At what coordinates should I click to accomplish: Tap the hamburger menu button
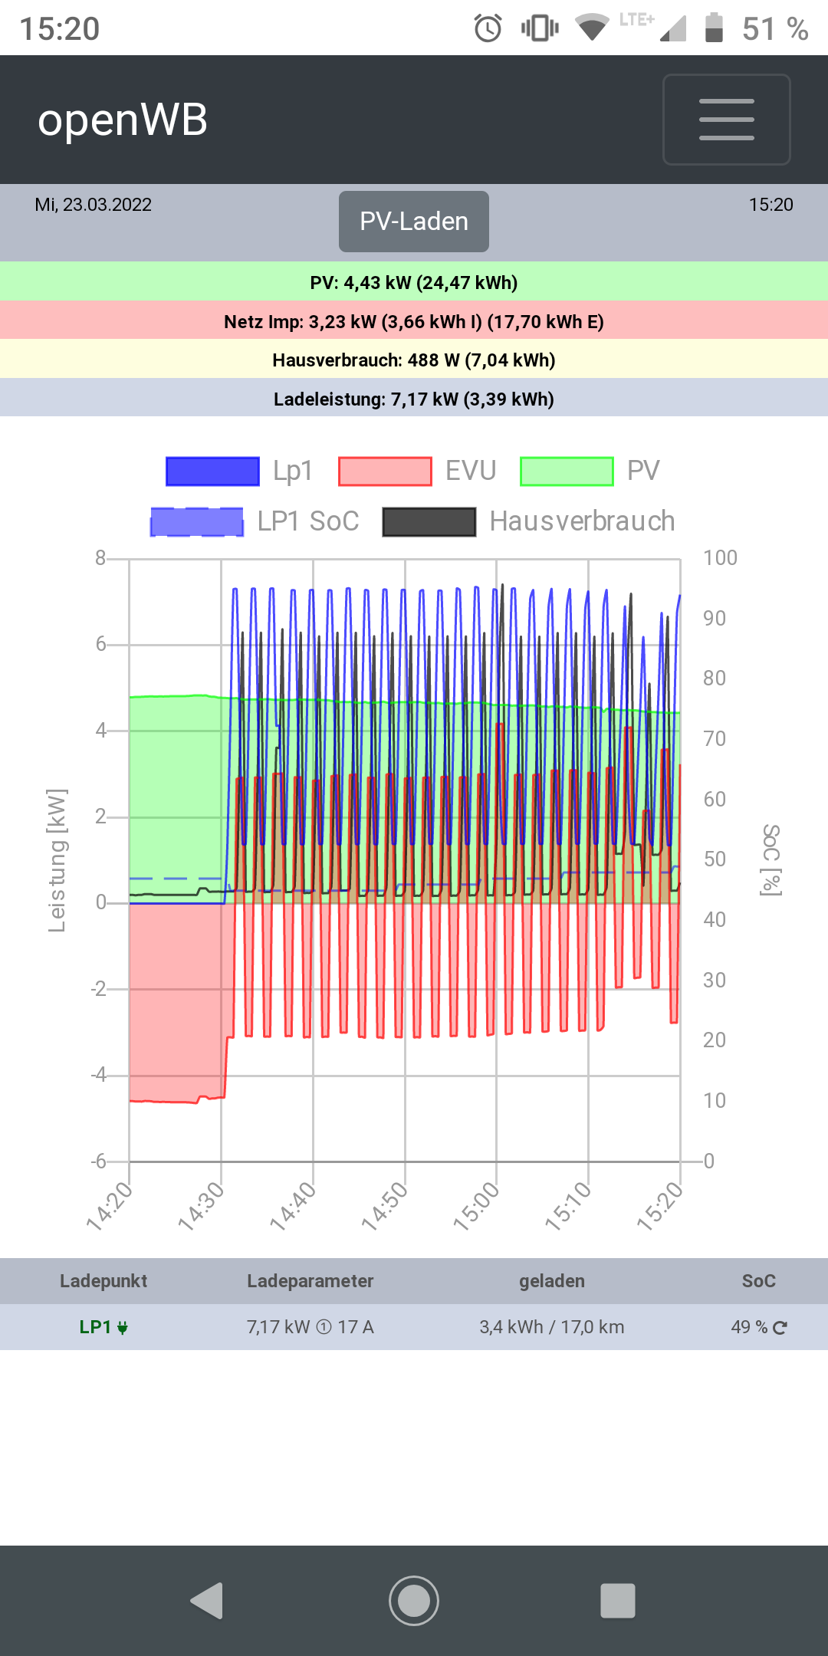pyautogui.click(x=726, y=120)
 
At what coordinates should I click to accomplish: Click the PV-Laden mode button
pyautogui.click(x=414, y=222)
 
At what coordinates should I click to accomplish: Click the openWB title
pyautogui.click(x=123, y=120)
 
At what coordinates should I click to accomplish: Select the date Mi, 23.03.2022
pyautogui.click(x=94, y=205)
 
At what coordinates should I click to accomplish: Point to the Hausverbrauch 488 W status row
pyautogui.click(x=414, y=360)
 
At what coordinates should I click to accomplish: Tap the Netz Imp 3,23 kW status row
pyautogui.click(x=414, y=321)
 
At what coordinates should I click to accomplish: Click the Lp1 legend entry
pyautogui.click(x=239, y=471)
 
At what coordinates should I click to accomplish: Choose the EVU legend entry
pyautogui.click(x=418, y=471)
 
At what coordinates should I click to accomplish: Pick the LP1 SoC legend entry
pyautogui.click(x=255, y=521)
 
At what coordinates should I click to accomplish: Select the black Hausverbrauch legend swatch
pyautogui.click(x=429, y=522)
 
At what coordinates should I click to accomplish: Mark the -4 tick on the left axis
pyautogui.click(x=99, y=1075)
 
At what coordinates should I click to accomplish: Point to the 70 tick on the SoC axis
pyautogui.click(x=715, y=738)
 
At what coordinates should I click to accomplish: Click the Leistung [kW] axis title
pyautogui.click(x=57, y=860)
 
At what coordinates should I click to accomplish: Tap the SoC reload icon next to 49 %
pyautogui.click(x=780, y=1328)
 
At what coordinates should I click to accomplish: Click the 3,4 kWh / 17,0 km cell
pyautogui.click(x=552, y=1327)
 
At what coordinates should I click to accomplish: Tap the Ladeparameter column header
pyautogui.click(x=310, y=1281)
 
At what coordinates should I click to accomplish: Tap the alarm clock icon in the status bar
pyautogui.click(x=488, y=29)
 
